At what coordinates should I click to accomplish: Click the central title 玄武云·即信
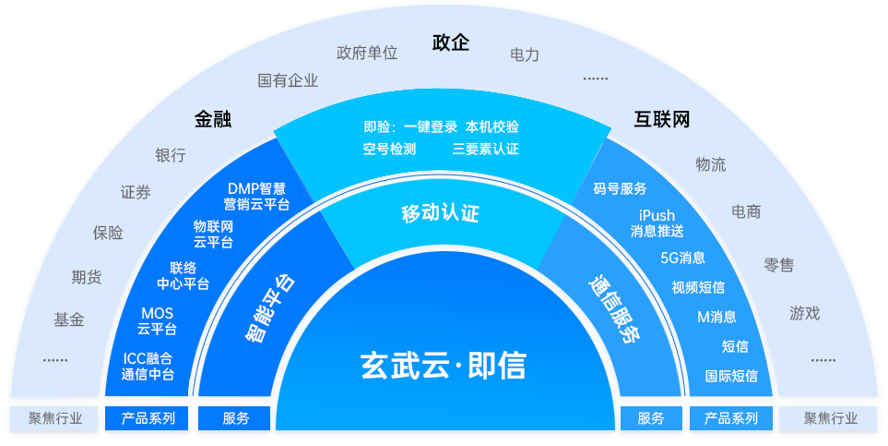point(443,366)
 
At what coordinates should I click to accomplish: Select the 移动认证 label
point(440,214)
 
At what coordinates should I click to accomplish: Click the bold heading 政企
point(451,43)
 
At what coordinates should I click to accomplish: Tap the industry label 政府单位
point(367,53)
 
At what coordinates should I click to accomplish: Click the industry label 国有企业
point(288,80)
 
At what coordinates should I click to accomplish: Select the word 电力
point(524,54)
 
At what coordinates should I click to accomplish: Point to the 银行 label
point(171,154)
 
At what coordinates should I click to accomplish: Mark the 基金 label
point(69,319)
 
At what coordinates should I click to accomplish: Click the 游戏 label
point(804,313)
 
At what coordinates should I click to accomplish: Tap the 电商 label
point(746,211)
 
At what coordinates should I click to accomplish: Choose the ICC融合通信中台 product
point(148,367)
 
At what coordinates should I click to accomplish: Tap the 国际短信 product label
point(731,376)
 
